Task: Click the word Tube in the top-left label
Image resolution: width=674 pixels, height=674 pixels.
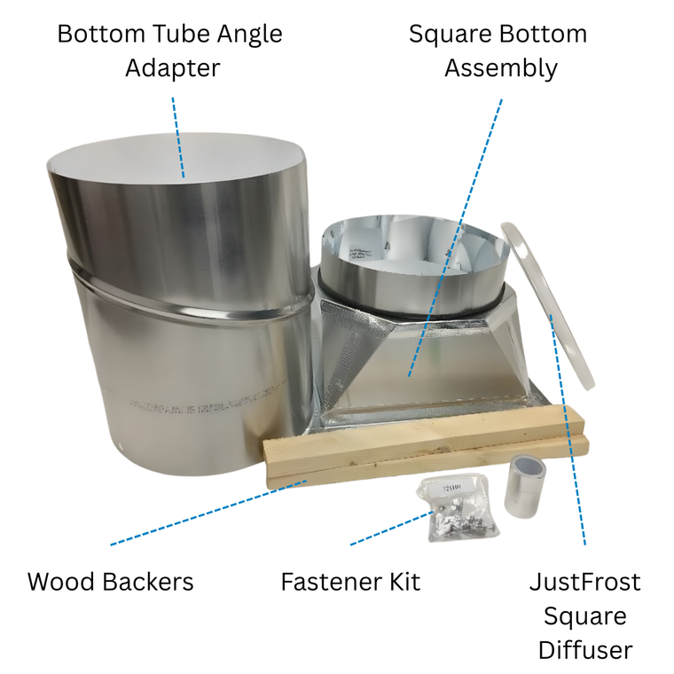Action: pos(181,34)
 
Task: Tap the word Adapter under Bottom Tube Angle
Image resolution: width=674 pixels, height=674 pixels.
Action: pos(173,68)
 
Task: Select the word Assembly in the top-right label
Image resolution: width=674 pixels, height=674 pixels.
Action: pos(501,69)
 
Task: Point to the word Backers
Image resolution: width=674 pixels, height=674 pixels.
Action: pos(148,582)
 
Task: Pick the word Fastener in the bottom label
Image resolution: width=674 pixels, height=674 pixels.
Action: pos(332,582)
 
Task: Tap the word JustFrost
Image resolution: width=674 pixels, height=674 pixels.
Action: pos(585,582)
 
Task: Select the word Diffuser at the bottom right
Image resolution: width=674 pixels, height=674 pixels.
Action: pos(585,649)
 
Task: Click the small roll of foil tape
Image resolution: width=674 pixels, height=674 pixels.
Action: pos(525,486)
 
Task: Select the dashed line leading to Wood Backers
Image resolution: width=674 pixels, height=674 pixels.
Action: pos(208,513)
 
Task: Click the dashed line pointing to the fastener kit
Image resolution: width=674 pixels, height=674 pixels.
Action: pos(392,529)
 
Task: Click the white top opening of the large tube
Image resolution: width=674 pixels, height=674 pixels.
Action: pos(176,158)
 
